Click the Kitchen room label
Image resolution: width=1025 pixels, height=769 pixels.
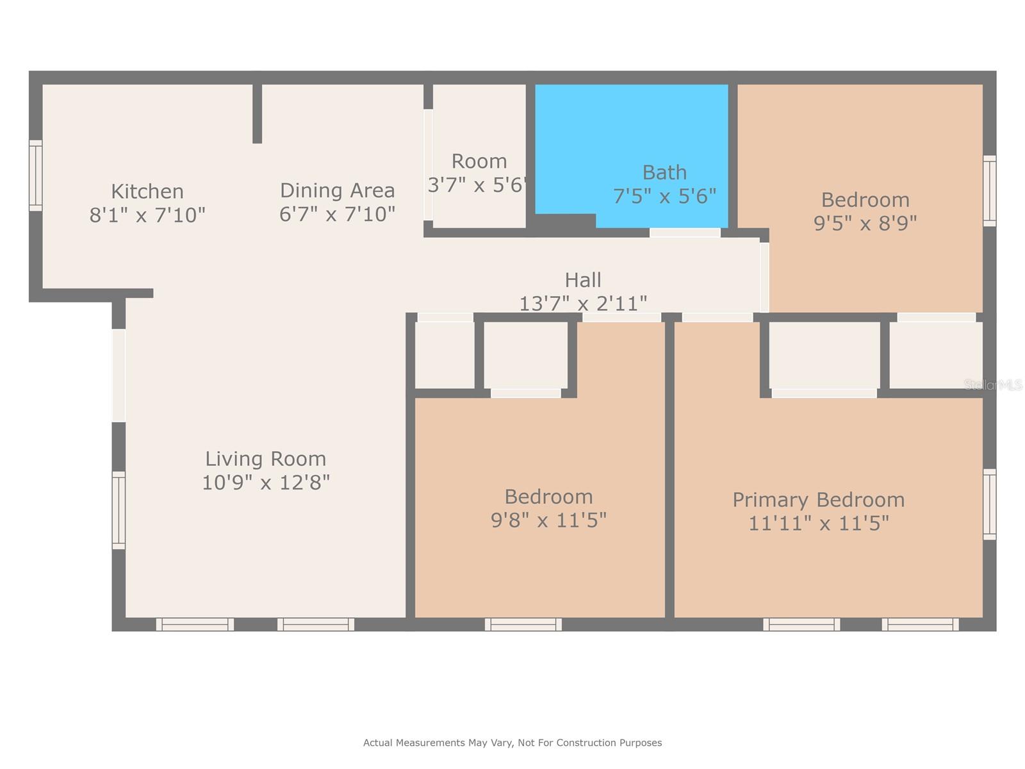pos(147,191)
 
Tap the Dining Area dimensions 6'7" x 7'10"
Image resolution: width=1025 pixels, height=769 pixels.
pos(337,213)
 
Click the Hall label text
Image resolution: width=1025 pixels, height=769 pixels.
pos(583,280)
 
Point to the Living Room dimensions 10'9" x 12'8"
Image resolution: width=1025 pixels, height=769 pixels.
pos(265,482)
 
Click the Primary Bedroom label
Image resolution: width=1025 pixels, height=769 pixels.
pos(818,499)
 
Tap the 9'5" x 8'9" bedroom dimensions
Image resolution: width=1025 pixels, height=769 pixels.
pos(865,223)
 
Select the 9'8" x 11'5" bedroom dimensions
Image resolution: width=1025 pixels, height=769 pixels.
pos(548,520)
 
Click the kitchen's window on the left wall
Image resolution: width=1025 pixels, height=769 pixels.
pos(36,175)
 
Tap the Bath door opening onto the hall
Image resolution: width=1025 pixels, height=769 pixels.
pos(685,233)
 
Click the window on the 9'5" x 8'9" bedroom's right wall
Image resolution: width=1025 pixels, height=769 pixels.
pos(990,190)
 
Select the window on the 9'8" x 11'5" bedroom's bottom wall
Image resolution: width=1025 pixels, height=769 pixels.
pos(523,624)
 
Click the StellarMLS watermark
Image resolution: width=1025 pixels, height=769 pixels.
pos(993,384)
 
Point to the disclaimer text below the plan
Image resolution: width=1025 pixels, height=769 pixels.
pos(512,743)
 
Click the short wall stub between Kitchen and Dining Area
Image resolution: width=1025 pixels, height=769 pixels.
pos(257,113)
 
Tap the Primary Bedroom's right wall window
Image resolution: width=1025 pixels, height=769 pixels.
pos(990,504)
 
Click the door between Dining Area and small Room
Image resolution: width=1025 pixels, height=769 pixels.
pos(428,165)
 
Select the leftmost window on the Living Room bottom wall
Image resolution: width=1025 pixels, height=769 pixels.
pos(195,624)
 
